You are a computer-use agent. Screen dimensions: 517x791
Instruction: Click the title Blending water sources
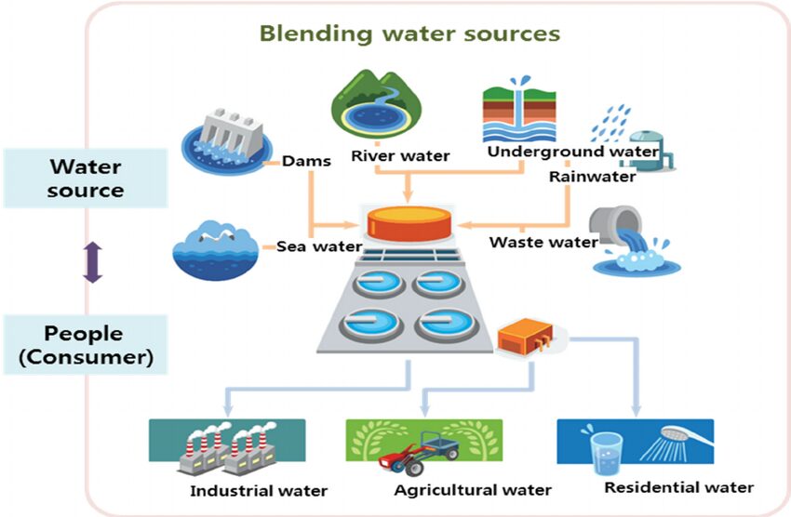(x=409, y=34)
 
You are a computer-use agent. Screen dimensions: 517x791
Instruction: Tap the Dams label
(x=308, y=161)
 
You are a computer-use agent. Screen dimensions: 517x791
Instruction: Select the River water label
(x=400, y=155)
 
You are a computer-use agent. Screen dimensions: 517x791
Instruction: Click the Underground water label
(x=573, y=151)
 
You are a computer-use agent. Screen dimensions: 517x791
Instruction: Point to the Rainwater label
(x=592, y=176)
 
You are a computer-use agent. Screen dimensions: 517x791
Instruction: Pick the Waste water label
(x=543, y=242)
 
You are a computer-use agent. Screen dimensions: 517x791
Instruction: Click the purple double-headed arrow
(x=91, y=261)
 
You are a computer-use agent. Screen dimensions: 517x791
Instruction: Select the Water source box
(x=86, y=178)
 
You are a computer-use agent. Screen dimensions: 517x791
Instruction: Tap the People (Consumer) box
(x=86, y=345)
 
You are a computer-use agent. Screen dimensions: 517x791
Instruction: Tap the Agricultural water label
(x=473, y=490)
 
